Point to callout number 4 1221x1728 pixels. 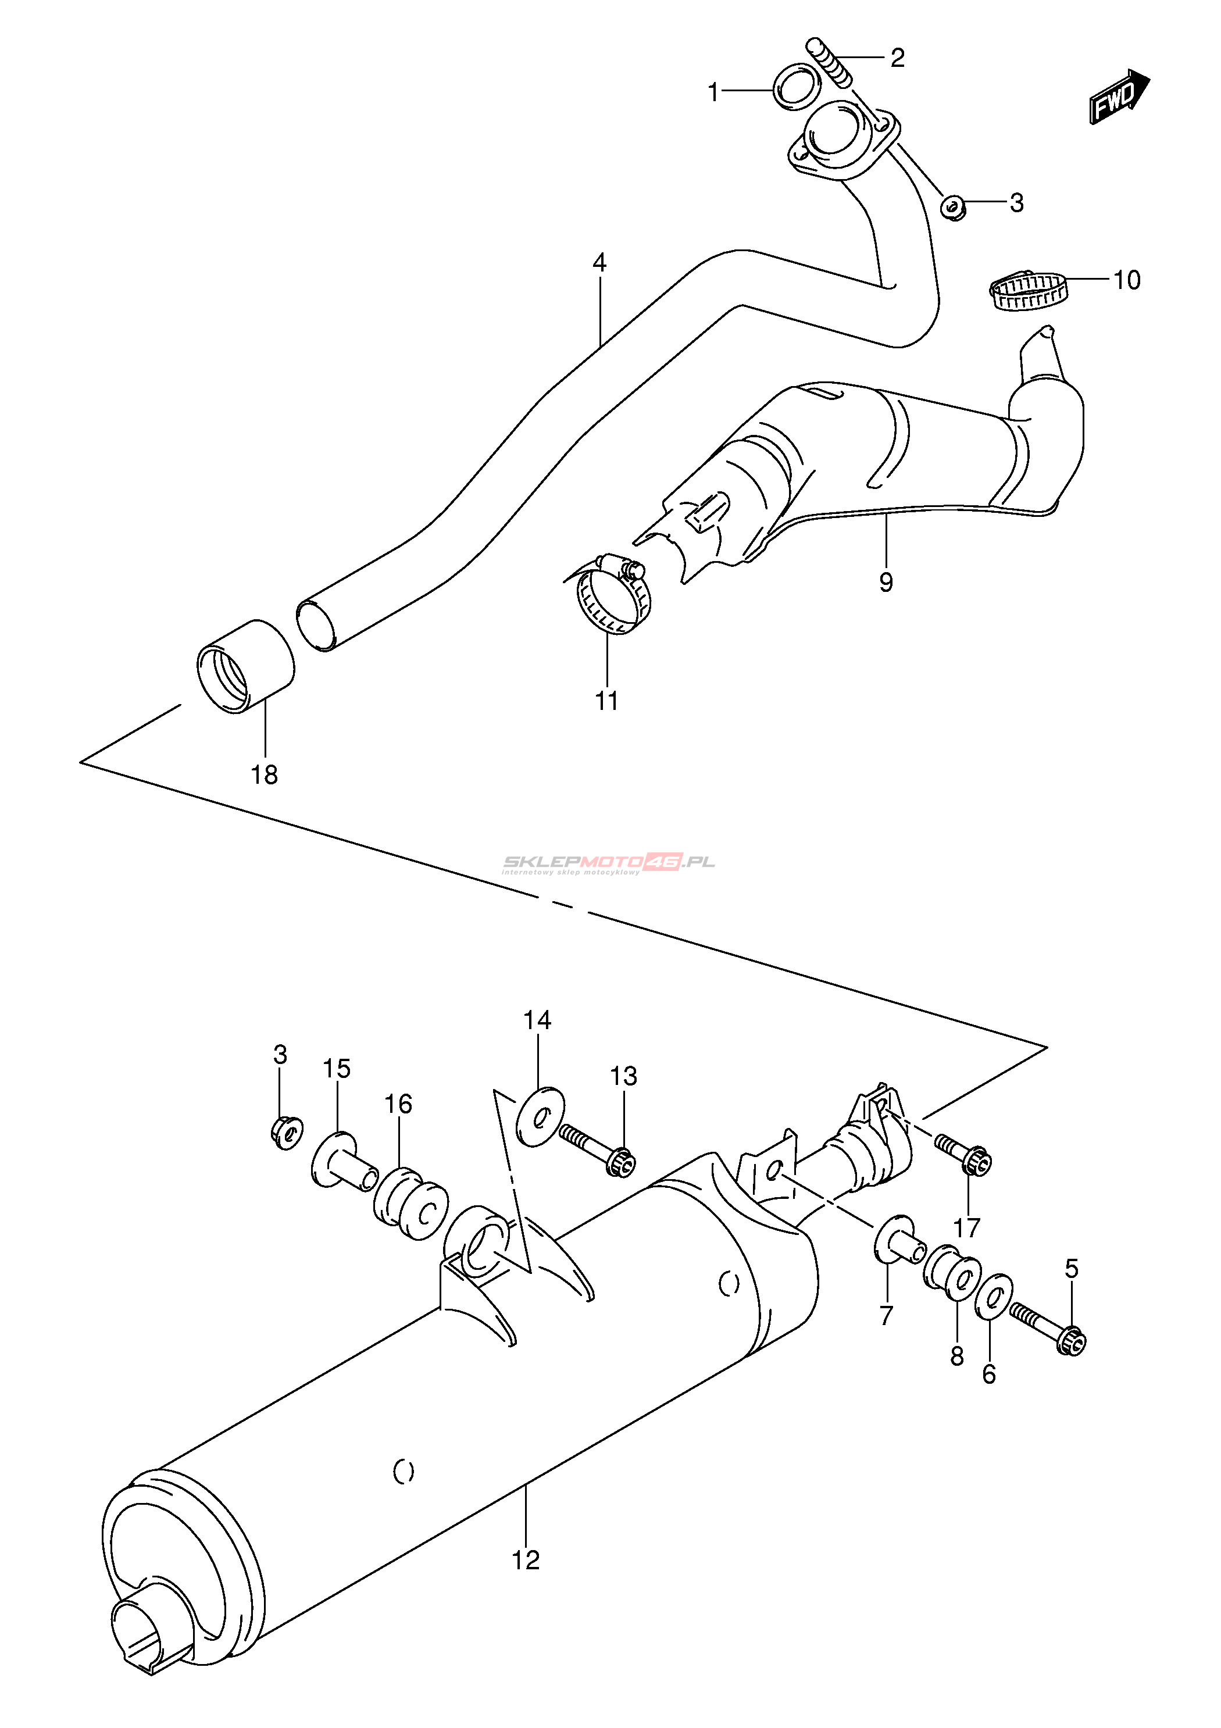point(599,263)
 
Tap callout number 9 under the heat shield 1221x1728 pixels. point(886,582)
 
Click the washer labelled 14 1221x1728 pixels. point(541,1117)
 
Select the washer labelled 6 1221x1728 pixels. point(993,1297)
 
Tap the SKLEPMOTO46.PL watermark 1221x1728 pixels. point(608,863)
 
